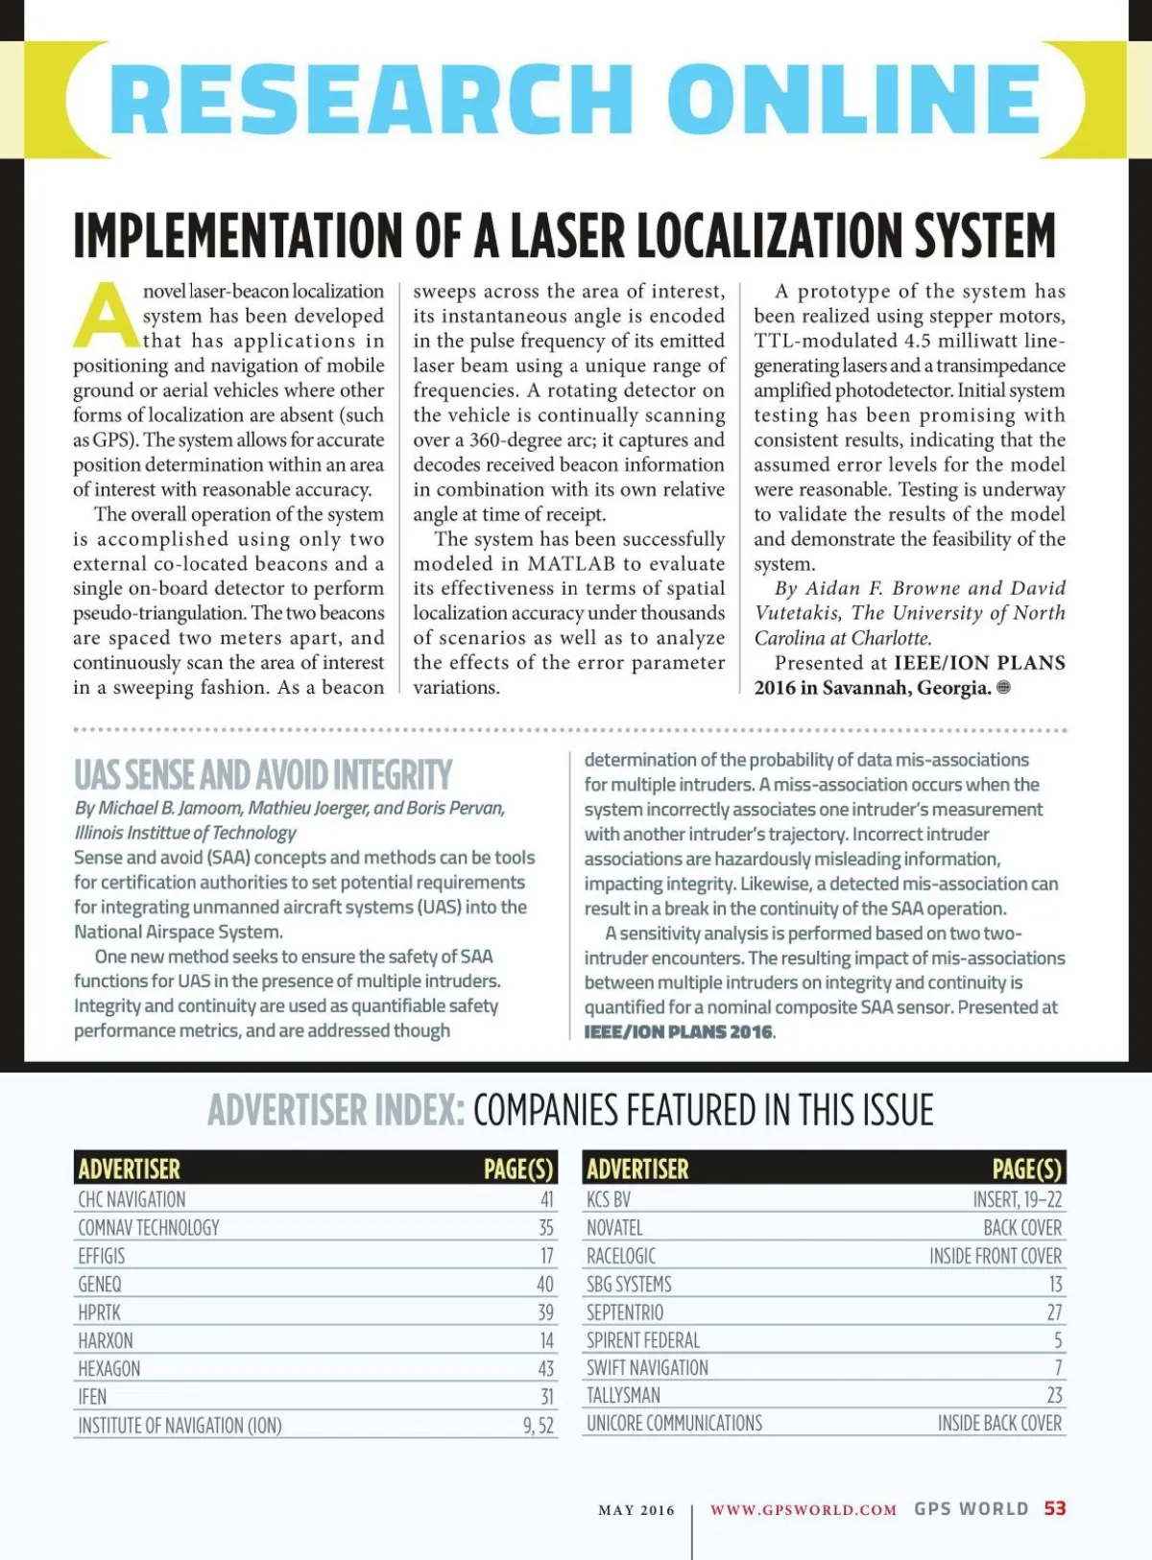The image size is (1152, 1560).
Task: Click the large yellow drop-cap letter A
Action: click(x=106, y=316)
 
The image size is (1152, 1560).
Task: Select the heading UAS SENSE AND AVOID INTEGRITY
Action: click(x=263, y=775)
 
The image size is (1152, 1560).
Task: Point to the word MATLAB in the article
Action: click(x=571, y=564)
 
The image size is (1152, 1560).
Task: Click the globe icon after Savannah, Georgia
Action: click(x=1004, y=687)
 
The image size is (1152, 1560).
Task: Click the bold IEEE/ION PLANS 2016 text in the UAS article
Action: click(x=678, y=1032)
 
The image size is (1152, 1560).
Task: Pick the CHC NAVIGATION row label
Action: click(x=132, y=1199)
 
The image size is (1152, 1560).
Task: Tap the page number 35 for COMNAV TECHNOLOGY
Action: click(x=545, y=1228)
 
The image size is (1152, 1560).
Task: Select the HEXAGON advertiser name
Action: click(x=109, y=1369)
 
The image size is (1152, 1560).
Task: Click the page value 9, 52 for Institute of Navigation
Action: click(x=539, y=1426)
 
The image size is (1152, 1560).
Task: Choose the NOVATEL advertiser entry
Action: click(x=614, y=1228)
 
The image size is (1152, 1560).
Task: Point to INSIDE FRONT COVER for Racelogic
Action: click(x=996, y=1256)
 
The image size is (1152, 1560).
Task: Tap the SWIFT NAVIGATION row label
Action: click(x=647, y=1368)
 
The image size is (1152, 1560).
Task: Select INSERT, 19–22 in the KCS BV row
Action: click(x=1018, y=1199)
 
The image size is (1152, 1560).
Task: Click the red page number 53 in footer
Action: click(x=1055, y=1508)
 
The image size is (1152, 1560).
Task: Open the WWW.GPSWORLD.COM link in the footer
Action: click(x=804, y=1510)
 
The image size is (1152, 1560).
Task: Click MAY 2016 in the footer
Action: click(x=636, y=1510)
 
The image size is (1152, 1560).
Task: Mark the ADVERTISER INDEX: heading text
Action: click(x=336, y=1111)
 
